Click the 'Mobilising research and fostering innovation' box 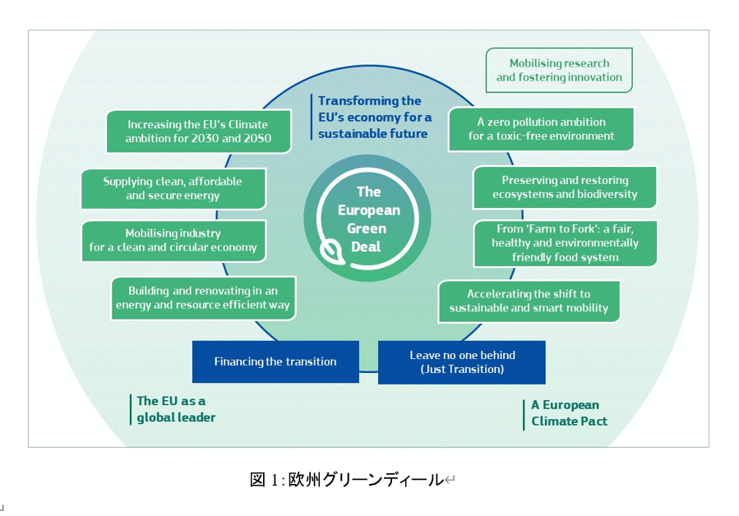559,71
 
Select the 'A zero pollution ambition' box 541,129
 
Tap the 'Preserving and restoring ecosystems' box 565,187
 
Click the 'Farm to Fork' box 565,243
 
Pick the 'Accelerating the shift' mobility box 529,301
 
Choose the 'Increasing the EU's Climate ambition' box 198,131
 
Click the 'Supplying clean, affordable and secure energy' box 173,188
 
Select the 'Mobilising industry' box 173,241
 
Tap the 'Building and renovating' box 202,298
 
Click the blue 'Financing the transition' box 275,362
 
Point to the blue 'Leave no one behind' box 462,362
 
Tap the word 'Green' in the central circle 369,228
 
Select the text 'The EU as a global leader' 176,409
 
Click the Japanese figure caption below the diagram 350,480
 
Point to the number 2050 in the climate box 254,139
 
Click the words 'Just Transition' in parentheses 462,370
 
